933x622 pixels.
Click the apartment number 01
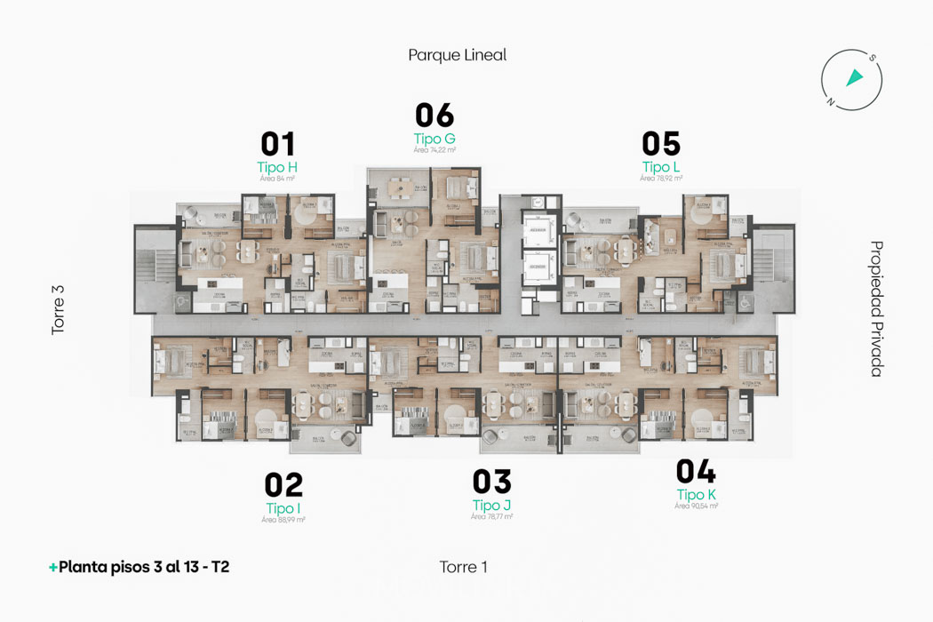277,144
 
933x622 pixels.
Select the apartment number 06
435,116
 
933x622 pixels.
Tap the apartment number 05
661,144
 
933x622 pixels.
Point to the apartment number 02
283,485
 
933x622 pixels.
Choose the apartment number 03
491,482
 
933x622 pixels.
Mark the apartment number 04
696,472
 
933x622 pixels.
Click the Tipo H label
277,167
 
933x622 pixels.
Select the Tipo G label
435,139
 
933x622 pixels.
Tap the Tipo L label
661,167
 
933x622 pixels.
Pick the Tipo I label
283,508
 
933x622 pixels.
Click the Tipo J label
491,505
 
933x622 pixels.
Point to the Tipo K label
696,495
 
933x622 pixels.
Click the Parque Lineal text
457,55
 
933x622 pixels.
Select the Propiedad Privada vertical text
876,309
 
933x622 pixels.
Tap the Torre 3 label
59,309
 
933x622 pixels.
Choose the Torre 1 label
463,567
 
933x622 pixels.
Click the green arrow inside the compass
854,78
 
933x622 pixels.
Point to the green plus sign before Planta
53,567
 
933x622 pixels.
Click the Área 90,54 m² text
696,506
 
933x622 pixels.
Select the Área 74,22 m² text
435,150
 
